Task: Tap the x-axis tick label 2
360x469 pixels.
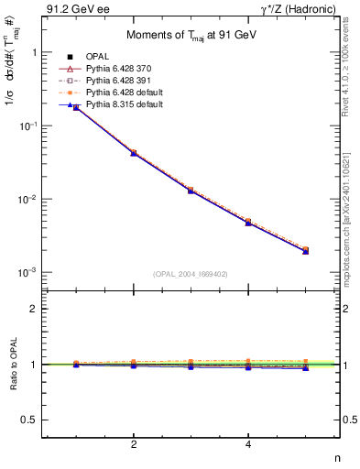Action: (x=134, y=444)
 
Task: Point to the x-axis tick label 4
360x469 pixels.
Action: (x=248, y=444)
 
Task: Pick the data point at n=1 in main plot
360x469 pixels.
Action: (x=76, y=107)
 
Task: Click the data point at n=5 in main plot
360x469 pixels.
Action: (x=305, y=250)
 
